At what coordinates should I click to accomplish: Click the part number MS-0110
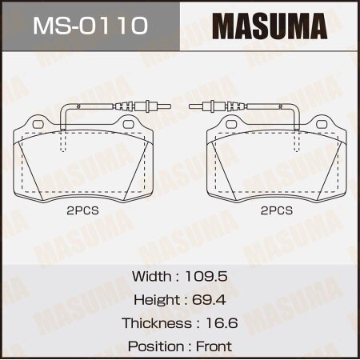[89, 26]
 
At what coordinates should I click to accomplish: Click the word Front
[214, 346]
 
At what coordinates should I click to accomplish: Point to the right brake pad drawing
[276, 160]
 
